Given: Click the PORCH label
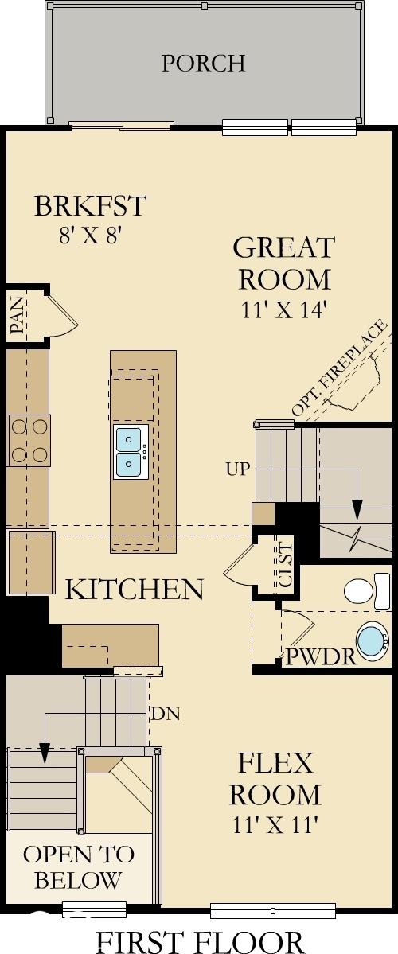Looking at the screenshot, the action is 203,64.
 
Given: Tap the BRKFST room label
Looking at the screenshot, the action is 90,205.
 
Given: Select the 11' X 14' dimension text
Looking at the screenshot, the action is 284,310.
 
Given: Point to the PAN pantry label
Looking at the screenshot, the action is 18,316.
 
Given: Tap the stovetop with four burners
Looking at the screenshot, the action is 29,440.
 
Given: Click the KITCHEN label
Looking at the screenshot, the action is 134,589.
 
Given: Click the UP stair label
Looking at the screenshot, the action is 238,469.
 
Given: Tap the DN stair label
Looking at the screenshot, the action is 166,714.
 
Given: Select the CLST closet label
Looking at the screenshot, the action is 286,565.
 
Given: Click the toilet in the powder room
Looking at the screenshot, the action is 367,590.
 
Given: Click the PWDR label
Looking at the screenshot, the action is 322,658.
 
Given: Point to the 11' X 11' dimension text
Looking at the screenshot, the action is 275,826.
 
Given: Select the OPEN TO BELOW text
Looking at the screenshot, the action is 78,867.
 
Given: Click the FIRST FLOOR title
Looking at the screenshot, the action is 199,940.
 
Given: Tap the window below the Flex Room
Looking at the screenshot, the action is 273,910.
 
